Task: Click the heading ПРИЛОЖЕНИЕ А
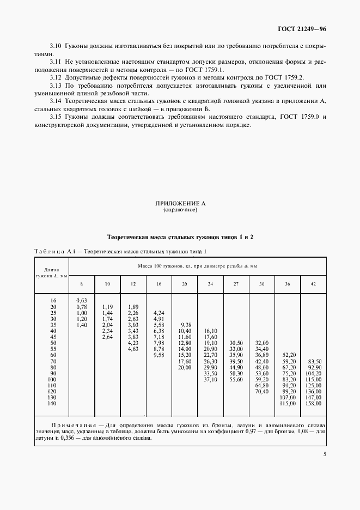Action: [x=180, y=203]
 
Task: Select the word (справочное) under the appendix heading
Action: [x=180, y=209]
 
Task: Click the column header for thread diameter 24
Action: [x=210, y=284]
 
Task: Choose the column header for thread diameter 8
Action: [x=82, y=284]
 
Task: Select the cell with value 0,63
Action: [x=82, y=300]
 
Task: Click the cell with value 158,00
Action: [x=314, y=403]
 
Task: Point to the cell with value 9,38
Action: [x=185, y=325]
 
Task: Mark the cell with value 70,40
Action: [x=262, y=391]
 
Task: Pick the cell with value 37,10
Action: [x=210, y=379]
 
